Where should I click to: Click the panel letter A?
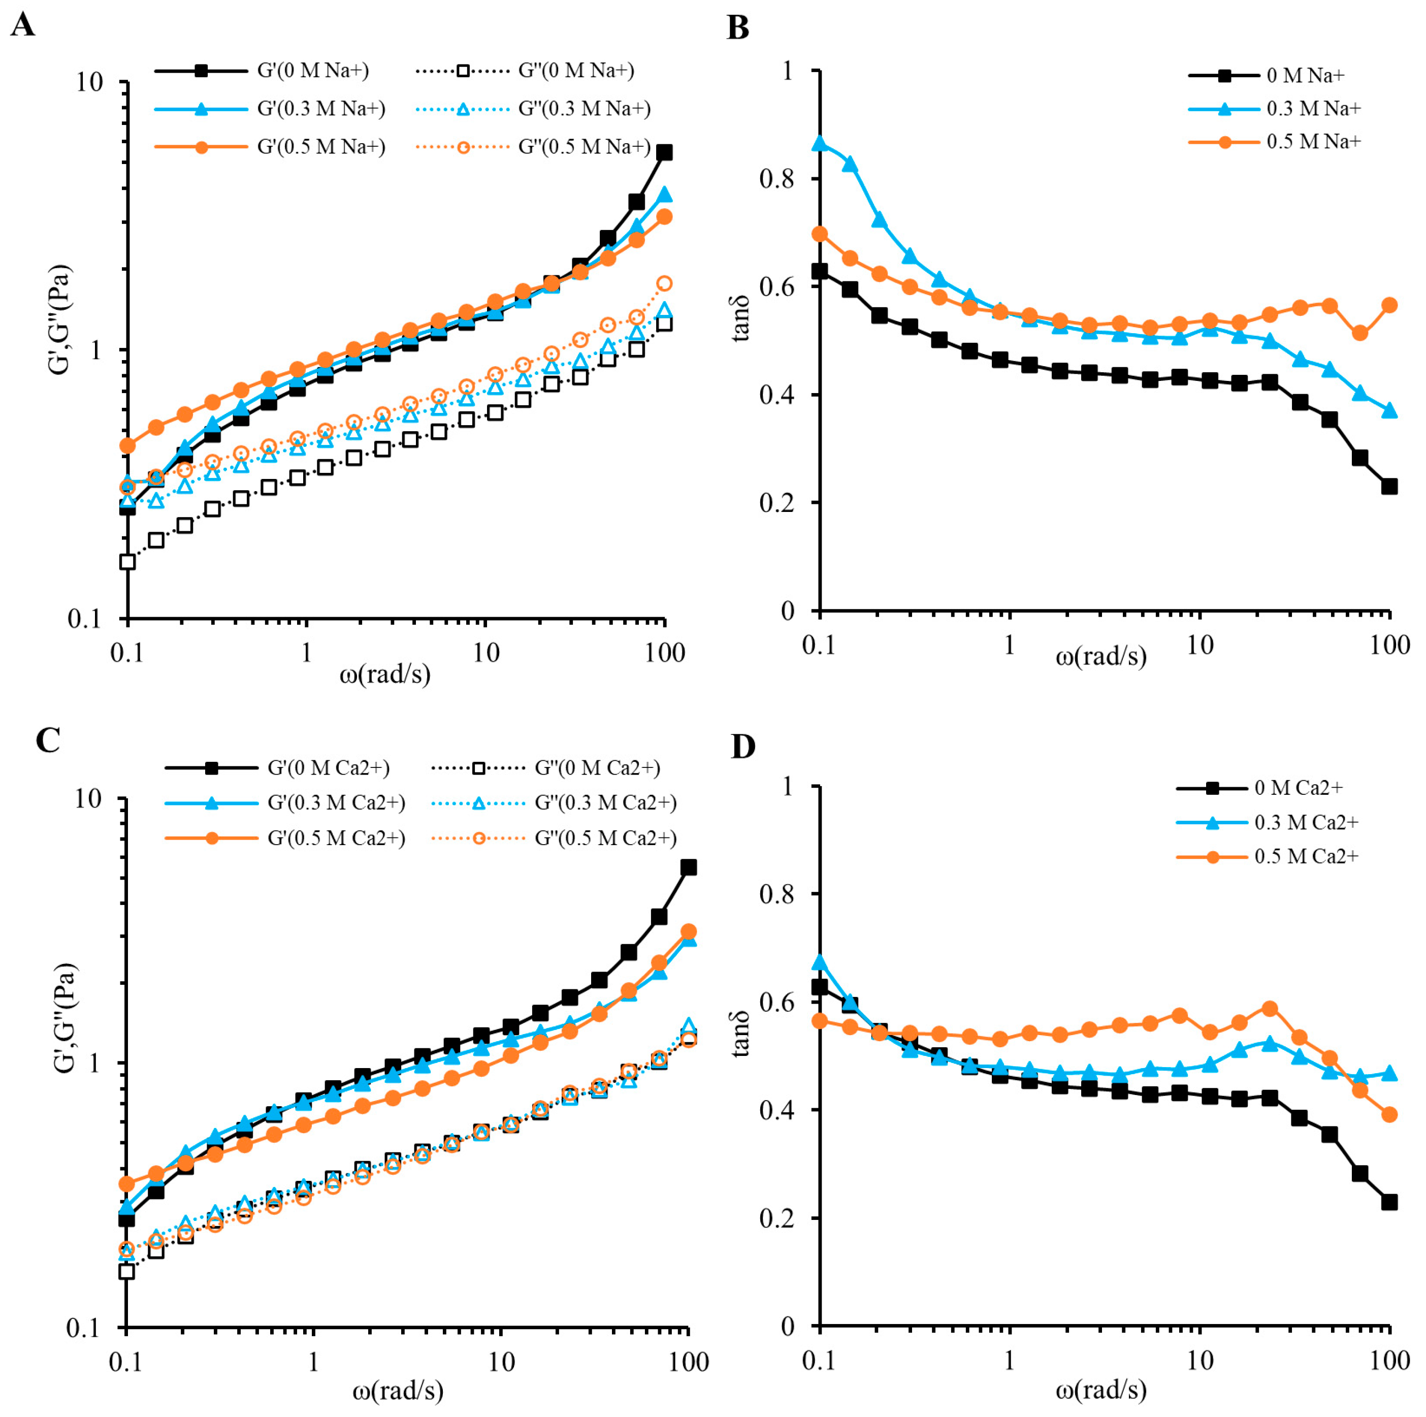coord(22,26)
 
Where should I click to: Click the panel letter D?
coord(742,747)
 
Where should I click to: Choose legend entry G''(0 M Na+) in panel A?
coord(576,71)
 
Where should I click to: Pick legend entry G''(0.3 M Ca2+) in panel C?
coord(605,803)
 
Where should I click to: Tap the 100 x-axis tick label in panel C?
coord(688,1362)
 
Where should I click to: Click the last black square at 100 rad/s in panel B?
coord(1389,487)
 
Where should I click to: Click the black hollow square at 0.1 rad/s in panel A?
coord(127,562)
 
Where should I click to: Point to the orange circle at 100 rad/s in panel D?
coord(1389,1114)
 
